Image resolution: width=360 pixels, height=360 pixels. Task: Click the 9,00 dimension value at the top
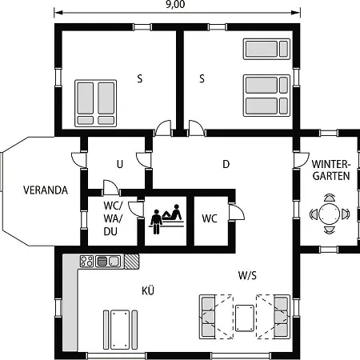pyautogui.click(x=175, y=4)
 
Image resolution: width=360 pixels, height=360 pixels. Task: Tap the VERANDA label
pyautogui.click(x=46, y=190)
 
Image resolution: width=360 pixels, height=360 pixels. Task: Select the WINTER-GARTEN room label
pyautogui.click(x=330, y=170)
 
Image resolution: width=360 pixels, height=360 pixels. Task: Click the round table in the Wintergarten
pyautogui.click(x=330, y=214)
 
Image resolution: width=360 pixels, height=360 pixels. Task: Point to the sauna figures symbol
pyautogui.click(x=166, y=219)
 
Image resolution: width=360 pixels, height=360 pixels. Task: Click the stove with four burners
pyautogui.click(x=86, y=262)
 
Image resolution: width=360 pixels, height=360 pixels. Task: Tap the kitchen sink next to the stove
pyautogui.click(x=108, y=262)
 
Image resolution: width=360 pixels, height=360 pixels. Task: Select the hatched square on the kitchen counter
pyautogui.click(x=132, y=262)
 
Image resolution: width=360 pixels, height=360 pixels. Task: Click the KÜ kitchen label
pyautogui.click(x=148, y=290)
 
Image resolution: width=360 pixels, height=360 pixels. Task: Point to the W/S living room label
pyautogui.click(x=247, y=275)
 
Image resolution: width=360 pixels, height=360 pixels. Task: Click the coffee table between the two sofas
pyautogui.click(x=245, y=318)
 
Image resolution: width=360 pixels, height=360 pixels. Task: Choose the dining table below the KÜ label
pyautogui.click(x=120, y=330)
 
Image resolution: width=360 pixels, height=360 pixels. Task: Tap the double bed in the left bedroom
pyautogui.click(x=95, y=103)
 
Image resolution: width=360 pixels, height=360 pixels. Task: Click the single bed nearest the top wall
pyautogui.click(x=266, y=49)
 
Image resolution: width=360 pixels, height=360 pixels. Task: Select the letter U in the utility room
pyautogui.click(x=120, y=164)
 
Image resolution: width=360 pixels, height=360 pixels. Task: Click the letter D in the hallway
pyautogui.click(x=226, y=164)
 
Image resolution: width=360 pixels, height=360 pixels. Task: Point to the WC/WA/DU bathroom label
pyautogui.click(x=113, y=218)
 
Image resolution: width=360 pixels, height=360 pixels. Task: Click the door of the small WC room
pyautogui.click(x=238, y=212)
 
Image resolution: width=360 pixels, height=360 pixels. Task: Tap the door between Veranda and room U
pyautogui.click(x=79, y=160)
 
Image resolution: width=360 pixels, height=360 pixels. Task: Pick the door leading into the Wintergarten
pyautogui.click(x=302, y=160)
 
